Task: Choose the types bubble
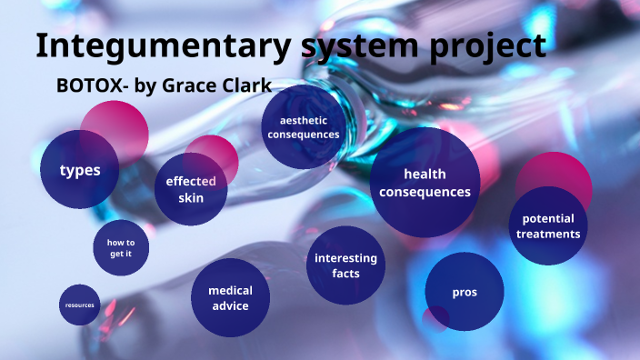pos(80,170)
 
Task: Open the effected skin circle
pos(190,189)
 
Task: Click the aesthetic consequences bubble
pos(303,127)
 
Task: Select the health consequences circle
pos(425,182)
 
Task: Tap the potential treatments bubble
pos(548,225)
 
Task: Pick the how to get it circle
pos(121,247)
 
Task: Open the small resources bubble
pos(80,305)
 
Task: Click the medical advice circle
pos(230,297)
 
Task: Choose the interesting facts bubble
pos(345,265)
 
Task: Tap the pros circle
pos(465,292)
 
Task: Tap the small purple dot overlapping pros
pos(436,318)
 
